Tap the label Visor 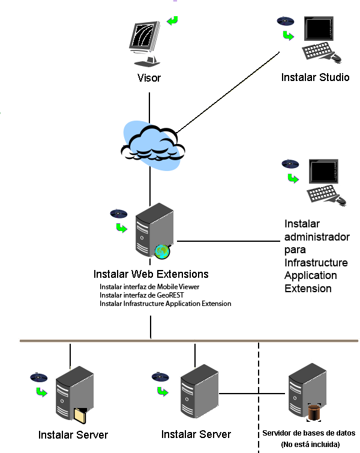click(x=149, y=77)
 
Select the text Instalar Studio click(x=315, y=77)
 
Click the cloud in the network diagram click(x=151, y=146)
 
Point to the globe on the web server click(x=161, y=252)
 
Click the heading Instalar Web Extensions click(x=151, y=274)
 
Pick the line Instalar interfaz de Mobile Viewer click(x=149, y=287)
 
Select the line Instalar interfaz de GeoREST click(x=141, y=295)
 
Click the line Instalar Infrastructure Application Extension click(x=165, y=304)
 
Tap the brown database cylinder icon click(x=314, y=413)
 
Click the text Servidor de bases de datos click(x=310, y=433)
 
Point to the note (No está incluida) click(x=310, y=444)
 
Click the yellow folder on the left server click(x=79, y=415)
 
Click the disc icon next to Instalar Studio click(x=286, y=21)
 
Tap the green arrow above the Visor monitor click(x=173, y=20)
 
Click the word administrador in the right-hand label click(x=316, y=237)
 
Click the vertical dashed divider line click(x=259, y=396)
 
